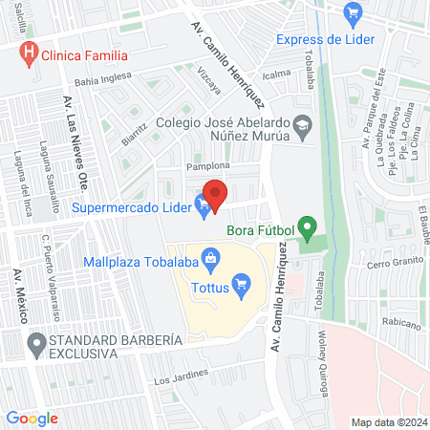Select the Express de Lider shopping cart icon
click(x=353, y=12)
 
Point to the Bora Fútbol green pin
click(x=307, y=228)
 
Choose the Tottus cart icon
click(x=242, y=282)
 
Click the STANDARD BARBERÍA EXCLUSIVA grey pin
click(x=37, y=341)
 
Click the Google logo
click(x=32, y=418)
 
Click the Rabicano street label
click(x=399, y=324)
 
